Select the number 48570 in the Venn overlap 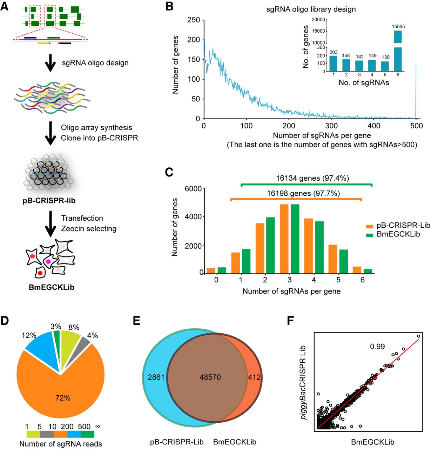210,377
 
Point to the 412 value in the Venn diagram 254,377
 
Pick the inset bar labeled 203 334,63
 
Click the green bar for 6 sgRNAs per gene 368,270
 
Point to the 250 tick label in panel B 194,20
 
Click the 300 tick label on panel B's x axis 331,126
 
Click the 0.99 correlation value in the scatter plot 377,347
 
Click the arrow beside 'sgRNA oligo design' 51,63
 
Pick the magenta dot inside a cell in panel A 48,262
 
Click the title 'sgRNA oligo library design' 311,9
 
